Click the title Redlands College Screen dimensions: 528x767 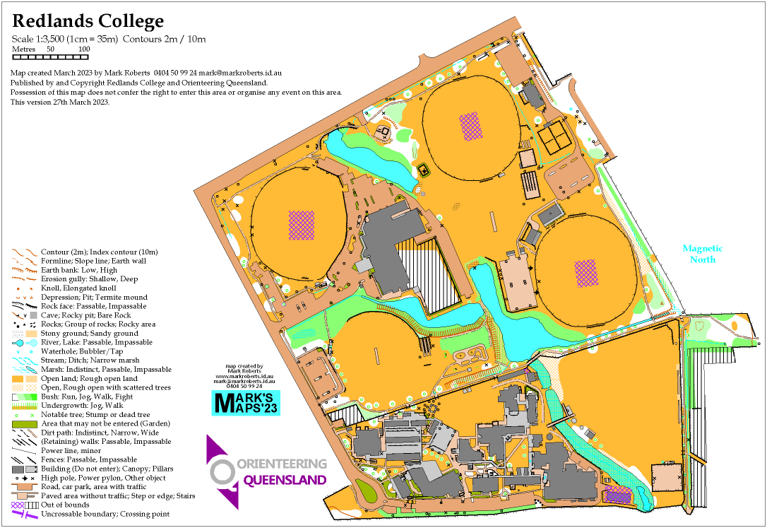coord(88,22)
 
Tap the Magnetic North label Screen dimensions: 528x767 coord(702,254)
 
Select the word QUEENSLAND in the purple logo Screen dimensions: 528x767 coord(285,481)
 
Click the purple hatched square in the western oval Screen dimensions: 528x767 coord(302,224)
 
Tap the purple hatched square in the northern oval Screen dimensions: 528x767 coord(470,125)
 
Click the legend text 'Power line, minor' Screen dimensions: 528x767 coord(71,450)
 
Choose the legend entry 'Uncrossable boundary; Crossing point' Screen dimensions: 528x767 coord(105,514)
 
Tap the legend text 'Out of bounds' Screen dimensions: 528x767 coord(65,505)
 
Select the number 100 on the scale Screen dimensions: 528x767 coord(83,49)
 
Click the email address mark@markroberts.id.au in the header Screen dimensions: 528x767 coord(241,73)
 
